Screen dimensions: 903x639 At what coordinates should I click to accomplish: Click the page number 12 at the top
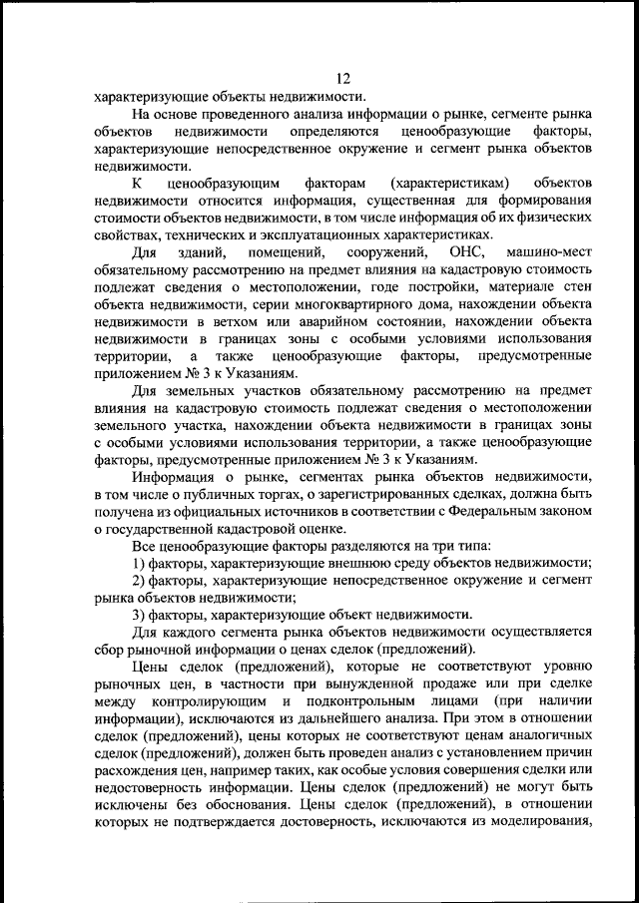(344, 79)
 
